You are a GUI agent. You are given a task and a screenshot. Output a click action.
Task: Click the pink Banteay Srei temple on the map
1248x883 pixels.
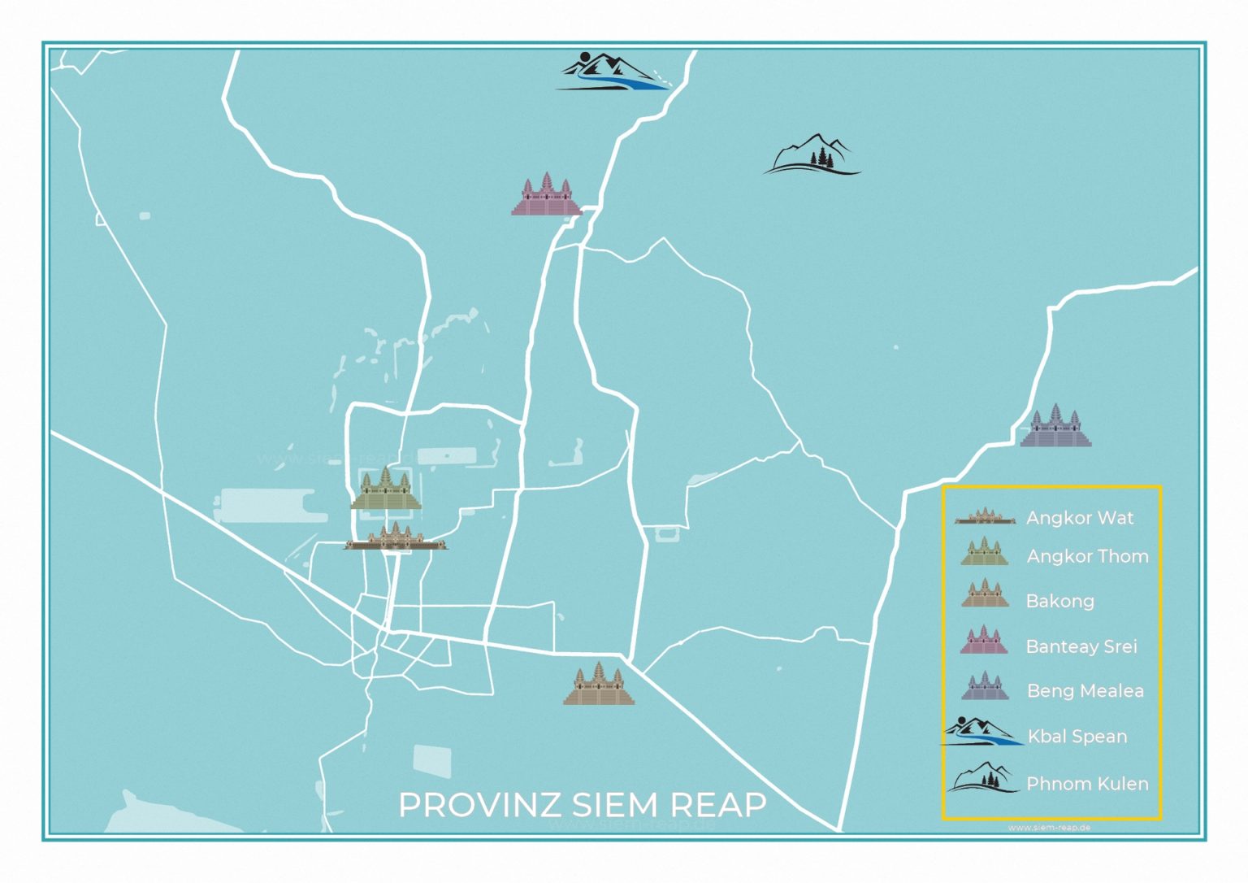coord(546,195)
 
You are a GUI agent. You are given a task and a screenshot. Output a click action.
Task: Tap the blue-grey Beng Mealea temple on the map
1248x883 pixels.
coord(1055,426)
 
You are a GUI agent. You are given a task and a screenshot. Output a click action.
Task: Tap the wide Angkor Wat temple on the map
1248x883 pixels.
coord(396,538)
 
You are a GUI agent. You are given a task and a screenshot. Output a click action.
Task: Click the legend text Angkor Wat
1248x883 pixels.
coord(1080,518)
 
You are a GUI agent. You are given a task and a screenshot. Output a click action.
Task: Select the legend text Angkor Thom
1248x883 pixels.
coord(1087,556)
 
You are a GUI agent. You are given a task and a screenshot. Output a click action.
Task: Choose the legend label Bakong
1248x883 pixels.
coord(1059,601)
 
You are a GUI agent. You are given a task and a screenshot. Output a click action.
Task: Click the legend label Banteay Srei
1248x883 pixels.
coord(1081,646)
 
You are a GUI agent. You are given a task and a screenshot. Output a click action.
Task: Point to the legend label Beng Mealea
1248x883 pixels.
coord(1085,691)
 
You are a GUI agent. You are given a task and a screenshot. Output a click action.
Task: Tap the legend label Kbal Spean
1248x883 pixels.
coord(1077,737)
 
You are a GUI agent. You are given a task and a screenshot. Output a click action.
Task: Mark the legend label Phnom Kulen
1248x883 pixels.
coord(1087,784)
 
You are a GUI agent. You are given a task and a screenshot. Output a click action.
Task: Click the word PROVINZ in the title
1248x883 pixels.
coord(479,805)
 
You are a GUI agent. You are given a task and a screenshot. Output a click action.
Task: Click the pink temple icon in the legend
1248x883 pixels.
coord(984,641)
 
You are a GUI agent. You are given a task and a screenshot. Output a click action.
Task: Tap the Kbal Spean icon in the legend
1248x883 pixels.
coord(981,732)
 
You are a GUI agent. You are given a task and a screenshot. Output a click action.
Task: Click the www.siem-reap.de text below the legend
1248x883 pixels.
coord(1049,828)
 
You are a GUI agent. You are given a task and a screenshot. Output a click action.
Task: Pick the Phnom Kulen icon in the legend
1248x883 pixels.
coord(982,778)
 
